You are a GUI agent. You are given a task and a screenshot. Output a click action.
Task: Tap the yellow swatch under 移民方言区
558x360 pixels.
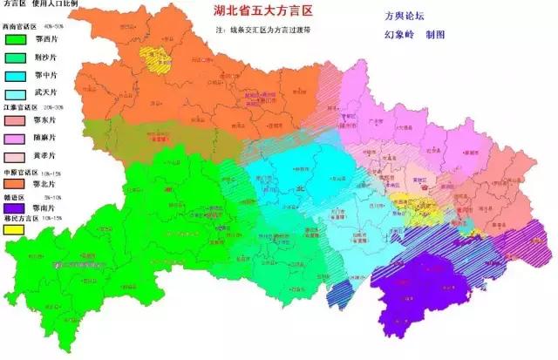click(13, 231)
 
